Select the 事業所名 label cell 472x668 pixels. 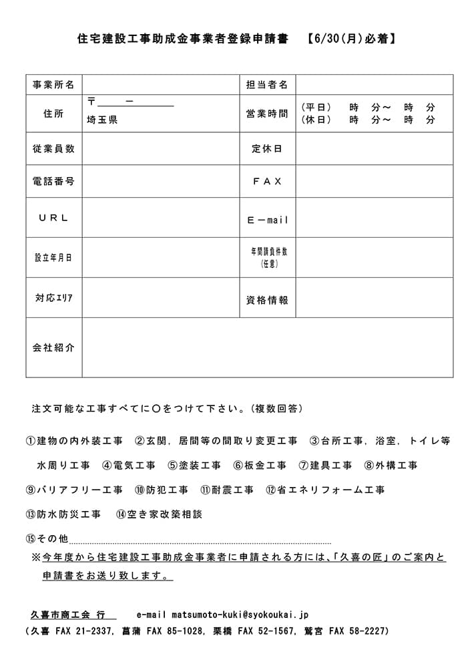point(53,85)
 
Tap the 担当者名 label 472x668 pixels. point(267,85)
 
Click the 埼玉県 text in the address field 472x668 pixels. point(101,121)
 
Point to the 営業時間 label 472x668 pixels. point(267,114)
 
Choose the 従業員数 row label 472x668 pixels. point(53,149)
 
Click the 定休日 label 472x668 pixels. point(267,149)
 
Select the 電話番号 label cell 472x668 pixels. point(53,181)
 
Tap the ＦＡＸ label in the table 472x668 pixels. point(267,181)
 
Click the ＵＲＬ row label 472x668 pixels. point(53,218)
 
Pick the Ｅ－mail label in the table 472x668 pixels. point(268,220)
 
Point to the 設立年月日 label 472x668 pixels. point(53,258)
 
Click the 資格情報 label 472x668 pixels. point(267,301)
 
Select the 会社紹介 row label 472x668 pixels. point(53,347)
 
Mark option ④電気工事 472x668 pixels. point(129,466)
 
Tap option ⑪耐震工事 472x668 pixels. point(227,490)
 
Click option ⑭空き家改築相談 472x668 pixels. point(159,514)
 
